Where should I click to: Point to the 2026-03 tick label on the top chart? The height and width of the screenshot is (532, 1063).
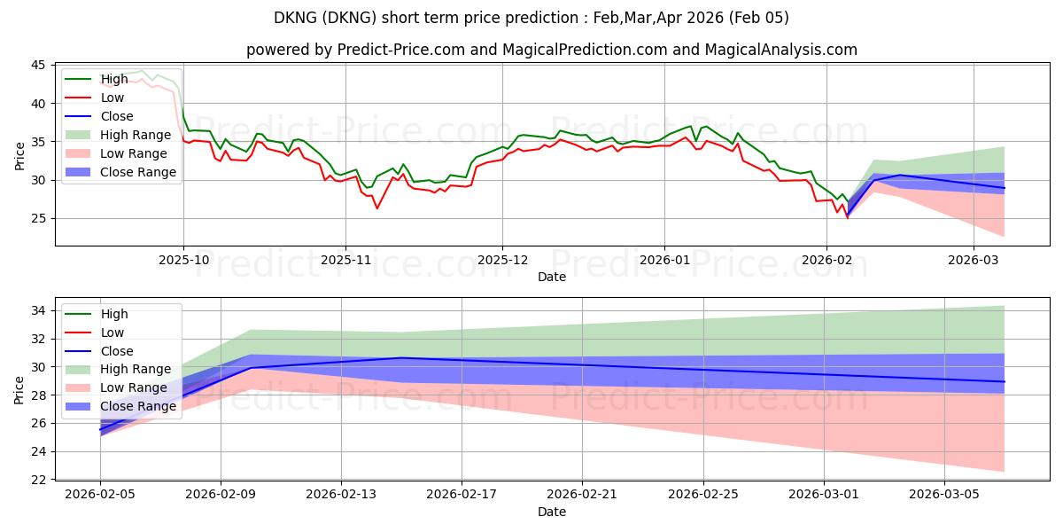pos(974,261)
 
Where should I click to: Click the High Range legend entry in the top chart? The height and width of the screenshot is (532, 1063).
pos(136,135)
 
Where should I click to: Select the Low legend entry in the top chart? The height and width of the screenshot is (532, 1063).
pos(113,98)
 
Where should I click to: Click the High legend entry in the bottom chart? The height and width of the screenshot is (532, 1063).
pos(114,314)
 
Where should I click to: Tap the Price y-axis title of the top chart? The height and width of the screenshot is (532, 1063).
pos(20,155)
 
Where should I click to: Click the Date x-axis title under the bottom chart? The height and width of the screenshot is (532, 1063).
pos(551,512)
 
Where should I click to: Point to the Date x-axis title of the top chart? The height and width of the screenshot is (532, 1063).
pos(551,276)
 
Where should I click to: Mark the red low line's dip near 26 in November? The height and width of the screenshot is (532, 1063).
pos(377,208)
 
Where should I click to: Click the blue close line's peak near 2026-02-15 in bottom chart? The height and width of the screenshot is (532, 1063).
pos(401,357)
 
